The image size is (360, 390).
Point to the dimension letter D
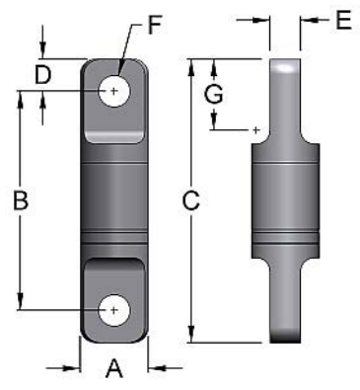point(42,73)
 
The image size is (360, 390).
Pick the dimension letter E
point(342,20)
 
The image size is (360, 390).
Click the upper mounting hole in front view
point(114,91)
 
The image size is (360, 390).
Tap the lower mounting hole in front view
point(114,310)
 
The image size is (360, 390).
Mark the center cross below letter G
point(255,129)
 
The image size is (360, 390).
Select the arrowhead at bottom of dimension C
point(191,336)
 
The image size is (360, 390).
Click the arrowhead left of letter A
point(74,368)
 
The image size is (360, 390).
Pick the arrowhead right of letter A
point(154,368)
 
